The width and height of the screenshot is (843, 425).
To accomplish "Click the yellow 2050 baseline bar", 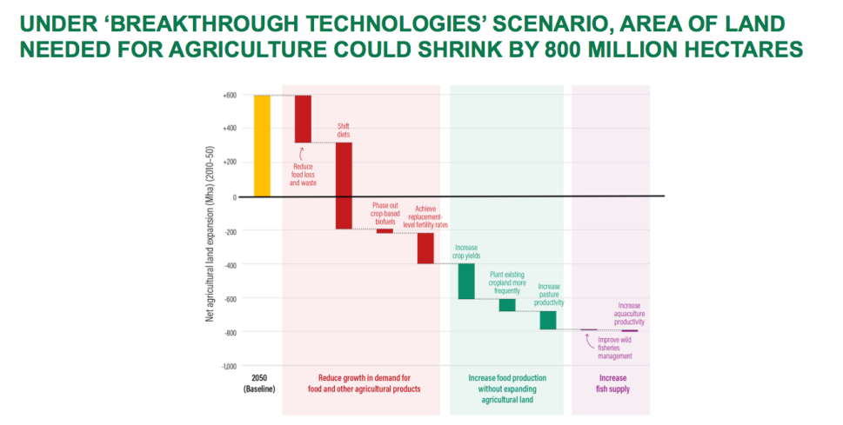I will coord(262,145).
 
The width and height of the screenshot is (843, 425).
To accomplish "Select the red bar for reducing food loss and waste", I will coord(303,118).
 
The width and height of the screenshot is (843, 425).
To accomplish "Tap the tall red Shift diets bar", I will coord(344,185).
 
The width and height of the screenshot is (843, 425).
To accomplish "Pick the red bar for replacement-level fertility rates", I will coord(425,248).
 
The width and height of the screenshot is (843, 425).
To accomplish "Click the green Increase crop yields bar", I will coord(466,281).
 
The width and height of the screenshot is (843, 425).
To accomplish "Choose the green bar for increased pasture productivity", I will coord(547,320).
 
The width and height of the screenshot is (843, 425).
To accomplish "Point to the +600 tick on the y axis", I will coord(230,96).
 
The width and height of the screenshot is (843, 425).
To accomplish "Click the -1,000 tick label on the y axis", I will coord(228,367).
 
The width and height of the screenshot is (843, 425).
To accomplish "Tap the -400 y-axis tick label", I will coord(230,265).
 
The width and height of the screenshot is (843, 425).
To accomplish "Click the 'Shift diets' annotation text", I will coord(344,130).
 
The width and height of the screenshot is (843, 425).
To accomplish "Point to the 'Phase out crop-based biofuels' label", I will coord(385,214).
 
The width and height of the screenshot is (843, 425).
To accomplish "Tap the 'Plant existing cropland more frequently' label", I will coord(507,282).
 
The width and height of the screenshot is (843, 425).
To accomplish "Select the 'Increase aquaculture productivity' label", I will coord(630,314).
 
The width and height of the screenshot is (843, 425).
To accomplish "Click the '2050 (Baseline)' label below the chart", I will coord(259,383).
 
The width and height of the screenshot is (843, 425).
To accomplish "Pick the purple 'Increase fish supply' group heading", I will coord(613,383).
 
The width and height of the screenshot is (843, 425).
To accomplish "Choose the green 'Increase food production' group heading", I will coord(507,383).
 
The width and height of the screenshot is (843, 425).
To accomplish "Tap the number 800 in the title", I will coord(571,50).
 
